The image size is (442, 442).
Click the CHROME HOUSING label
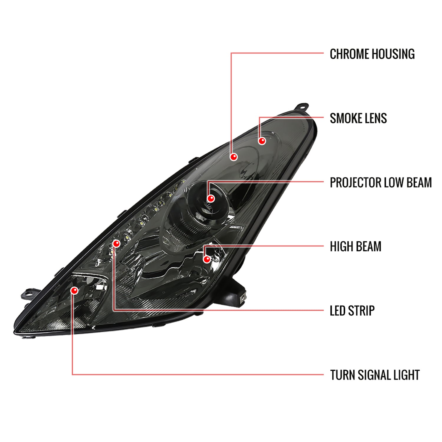tap(372, 54)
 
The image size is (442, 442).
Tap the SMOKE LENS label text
tap(358, 118)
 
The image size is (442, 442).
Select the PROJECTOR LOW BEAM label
tap(381, 182)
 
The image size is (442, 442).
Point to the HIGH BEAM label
tap(355, 246)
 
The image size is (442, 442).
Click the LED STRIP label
tap(352, 311)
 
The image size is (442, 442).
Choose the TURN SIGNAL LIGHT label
tap(375, 375)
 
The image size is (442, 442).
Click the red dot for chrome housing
tap(234, 156)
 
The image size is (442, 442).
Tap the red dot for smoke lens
tap(262, 141)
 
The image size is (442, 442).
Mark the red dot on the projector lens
tap(210, 199)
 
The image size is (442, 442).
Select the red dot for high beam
tap(207, 259)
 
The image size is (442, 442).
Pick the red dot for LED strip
tap(116, 244)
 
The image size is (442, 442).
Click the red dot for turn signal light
tap(74, 291)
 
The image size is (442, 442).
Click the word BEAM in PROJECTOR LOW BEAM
tap(419, 182)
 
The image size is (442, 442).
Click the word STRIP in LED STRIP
tap(361, 311)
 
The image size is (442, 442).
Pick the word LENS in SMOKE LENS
tap(376, 118)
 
